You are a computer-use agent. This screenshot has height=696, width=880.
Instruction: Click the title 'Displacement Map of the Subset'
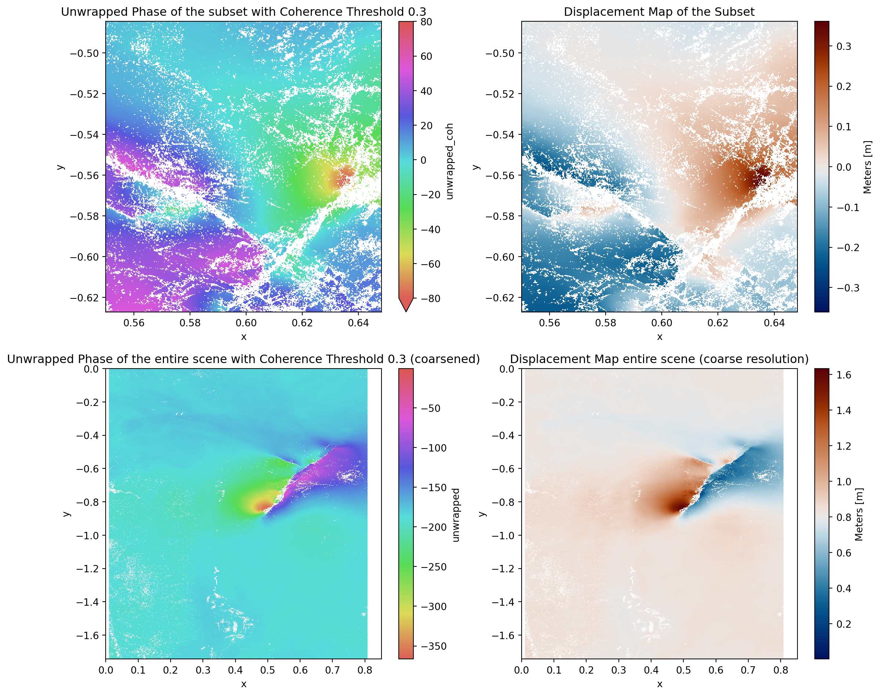658,12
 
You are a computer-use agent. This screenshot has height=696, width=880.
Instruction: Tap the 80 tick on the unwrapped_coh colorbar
426,22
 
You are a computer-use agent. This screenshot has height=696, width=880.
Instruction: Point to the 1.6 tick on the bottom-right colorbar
843,375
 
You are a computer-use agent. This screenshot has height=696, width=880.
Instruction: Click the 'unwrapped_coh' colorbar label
449,162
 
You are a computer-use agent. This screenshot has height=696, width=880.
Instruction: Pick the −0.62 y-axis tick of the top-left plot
84,298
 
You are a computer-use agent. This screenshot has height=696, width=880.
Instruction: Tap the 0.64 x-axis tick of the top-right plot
774,323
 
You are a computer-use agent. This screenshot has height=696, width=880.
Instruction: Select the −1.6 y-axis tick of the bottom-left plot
87,635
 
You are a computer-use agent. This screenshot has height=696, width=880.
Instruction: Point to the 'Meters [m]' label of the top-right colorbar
867,167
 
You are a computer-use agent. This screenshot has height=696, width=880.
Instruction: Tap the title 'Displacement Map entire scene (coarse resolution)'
659,359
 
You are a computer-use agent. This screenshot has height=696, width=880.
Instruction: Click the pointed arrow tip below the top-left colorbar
406,311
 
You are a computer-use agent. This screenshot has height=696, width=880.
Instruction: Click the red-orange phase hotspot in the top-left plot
345,175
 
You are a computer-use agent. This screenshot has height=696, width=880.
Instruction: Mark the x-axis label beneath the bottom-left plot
244,684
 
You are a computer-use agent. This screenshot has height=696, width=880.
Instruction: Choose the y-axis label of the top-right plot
476,167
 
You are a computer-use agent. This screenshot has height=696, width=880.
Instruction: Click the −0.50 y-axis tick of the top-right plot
500,53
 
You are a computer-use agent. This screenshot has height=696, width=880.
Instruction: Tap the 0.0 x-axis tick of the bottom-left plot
106,670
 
